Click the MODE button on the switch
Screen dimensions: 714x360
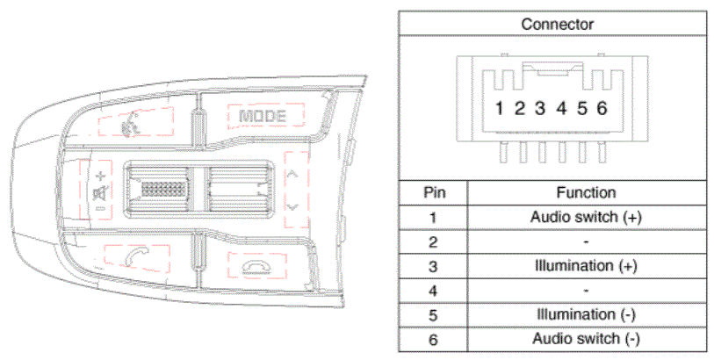coord(263,117)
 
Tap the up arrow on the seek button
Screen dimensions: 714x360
coord(292,174)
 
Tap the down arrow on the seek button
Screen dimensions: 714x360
coord(292,207)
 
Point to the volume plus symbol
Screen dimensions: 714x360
coord(101,176)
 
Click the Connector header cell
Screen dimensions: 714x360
coord(557,24)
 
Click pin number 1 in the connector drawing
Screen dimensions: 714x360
coord(500,108)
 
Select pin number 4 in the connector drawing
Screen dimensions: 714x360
coord(561,108)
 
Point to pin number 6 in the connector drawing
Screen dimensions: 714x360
coord(602,108)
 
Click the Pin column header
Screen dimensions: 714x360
coord(435,192)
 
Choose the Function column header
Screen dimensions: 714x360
coord(586,192)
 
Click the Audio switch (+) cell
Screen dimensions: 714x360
coord(586,217)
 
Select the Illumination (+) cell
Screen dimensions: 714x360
coord(586,266)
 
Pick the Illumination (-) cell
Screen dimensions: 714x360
coord(586,314)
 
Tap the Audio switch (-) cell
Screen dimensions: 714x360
coord(586,339)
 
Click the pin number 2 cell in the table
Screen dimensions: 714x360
coord(433,241)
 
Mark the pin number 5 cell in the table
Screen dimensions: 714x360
coord(433,315)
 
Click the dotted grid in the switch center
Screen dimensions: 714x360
coord(162,189)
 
